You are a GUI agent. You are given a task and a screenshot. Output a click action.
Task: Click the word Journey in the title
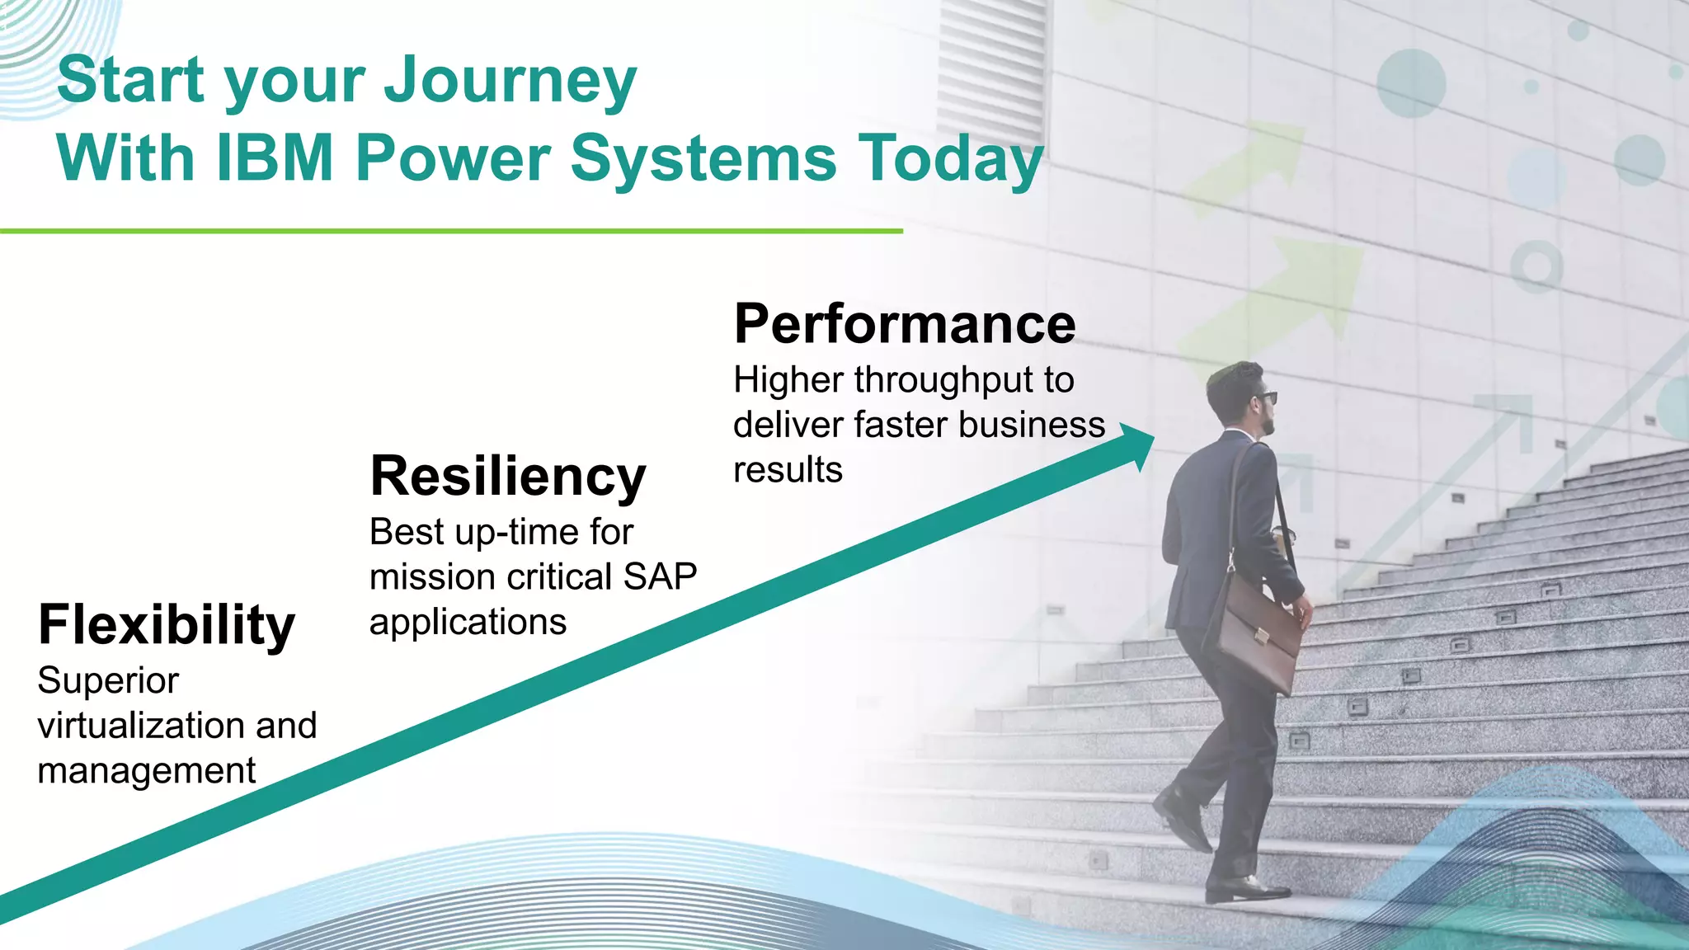point(510,81)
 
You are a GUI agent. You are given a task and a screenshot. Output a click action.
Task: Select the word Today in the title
point(950,159)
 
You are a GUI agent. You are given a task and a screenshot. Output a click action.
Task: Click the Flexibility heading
point(166,624)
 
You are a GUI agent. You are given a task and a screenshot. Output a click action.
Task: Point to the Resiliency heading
point(507,476)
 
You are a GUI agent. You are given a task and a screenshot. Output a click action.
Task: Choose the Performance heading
point(905,323)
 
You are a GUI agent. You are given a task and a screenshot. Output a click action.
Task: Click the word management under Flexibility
point(146,771)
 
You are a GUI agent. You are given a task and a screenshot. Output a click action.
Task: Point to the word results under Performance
point(788,470)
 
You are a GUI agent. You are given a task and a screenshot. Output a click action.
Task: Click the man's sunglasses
point(1266,397)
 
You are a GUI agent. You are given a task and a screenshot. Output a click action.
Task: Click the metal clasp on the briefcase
point(1262,636)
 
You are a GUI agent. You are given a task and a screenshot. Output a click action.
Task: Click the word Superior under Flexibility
point(108,681)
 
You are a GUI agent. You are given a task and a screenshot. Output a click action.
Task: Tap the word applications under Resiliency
point(468,622)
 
